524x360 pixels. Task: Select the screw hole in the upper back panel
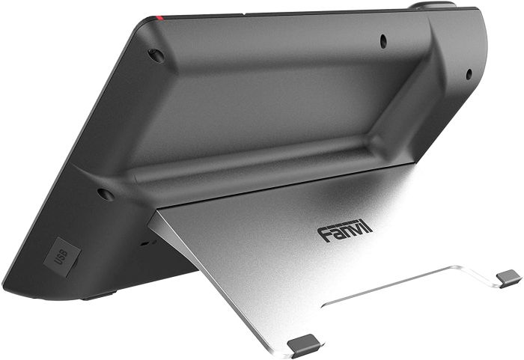coord(383,40)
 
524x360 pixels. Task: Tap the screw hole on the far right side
coord(469,73)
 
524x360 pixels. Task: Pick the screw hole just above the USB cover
coord(106,195)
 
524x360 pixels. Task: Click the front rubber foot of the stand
coord(304,344)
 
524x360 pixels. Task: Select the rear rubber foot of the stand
coord(509,278)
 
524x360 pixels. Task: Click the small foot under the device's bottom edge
coord(97,295)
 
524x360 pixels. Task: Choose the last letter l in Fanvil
coord(369,228)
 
